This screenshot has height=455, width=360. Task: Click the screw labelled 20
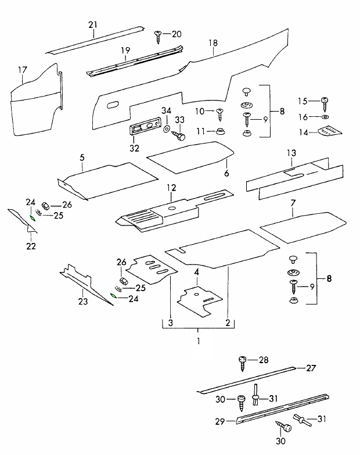pyautogui.click(x=158, y=35)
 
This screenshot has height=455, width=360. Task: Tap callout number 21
pyautogui.click(x=93, y=24)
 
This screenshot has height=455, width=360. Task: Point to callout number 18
pyautogui.click(x=213, y=43)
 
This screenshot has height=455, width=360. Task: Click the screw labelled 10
pyautogui.click(x=219, y=113)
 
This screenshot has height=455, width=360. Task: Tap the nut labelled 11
pyautogui.click(x=220, y=131)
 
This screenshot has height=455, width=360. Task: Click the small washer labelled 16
pyautogui.click(x=323, y=117)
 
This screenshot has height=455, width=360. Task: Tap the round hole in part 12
pyautogui.click(x=172, y=207)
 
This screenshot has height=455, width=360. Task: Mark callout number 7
pyautogui.click(x=293, y=203)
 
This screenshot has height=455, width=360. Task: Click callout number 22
pyautogui.click(x=31, y=246)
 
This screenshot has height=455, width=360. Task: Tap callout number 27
pyautogui.click(x=311, y=367)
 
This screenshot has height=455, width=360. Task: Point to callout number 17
pyautogui.click(x=23, y=71)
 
